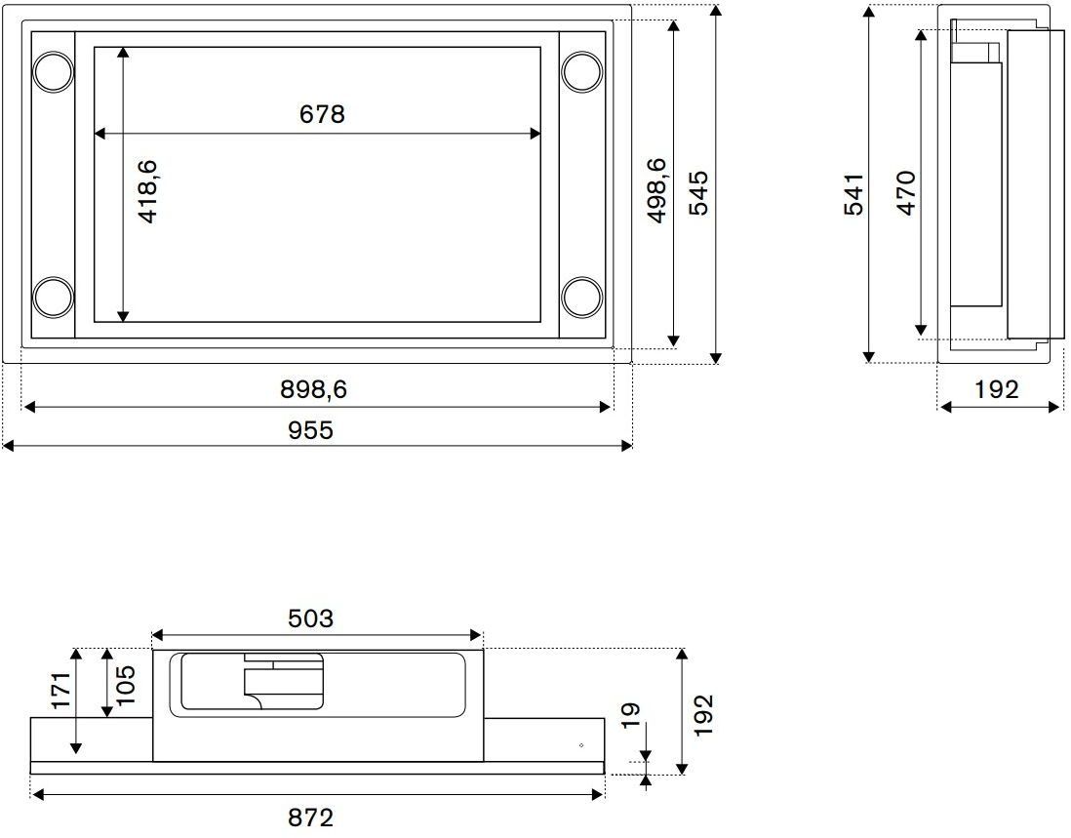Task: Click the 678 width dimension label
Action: (322, 114)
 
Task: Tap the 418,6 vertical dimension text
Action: (147, 192)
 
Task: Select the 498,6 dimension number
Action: (655, 190)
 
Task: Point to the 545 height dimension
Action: (699, 192)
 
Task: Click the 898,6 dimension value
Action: (313, 389)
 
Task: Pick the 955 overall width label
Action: (311, 429)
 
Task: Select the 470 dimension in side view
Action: (905, 192)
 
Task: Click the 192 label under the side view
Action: (996, 389)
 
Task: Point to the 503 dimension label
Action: (310, 618)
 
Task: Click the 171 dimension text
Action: (61, 691)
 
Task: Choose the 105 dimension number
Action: (125, 685)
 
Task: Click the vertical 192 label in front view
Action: (704, 714)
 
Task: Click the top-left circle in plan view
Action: (53, 71)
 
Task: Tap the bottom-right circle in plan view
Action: (582, 298)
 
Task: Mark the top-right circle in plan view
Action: (582, 71)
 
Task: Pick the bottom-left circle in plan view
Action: (53, 298)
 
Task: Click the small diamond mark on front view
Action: (581, 745)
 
